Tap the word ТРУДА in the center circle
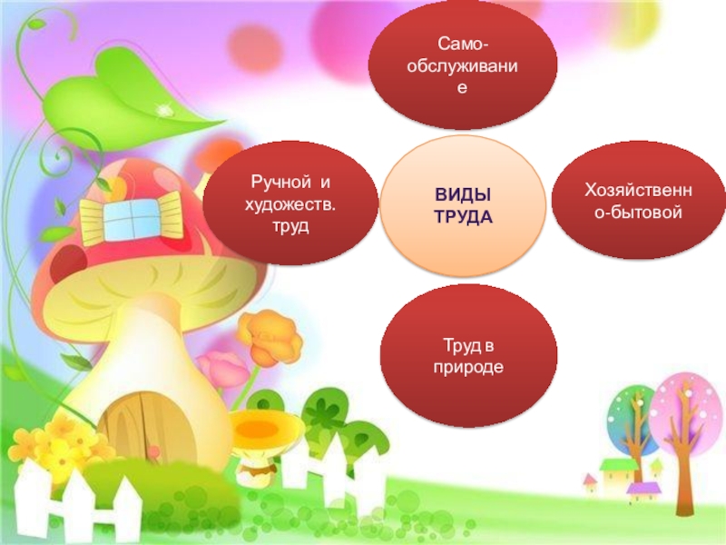point(463,217)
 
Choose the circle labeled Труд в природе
point(468,354)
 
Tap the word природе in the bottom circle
point(468,365)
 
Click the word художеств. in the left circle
point(289,203)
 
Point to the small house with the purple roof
point(644,490)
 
